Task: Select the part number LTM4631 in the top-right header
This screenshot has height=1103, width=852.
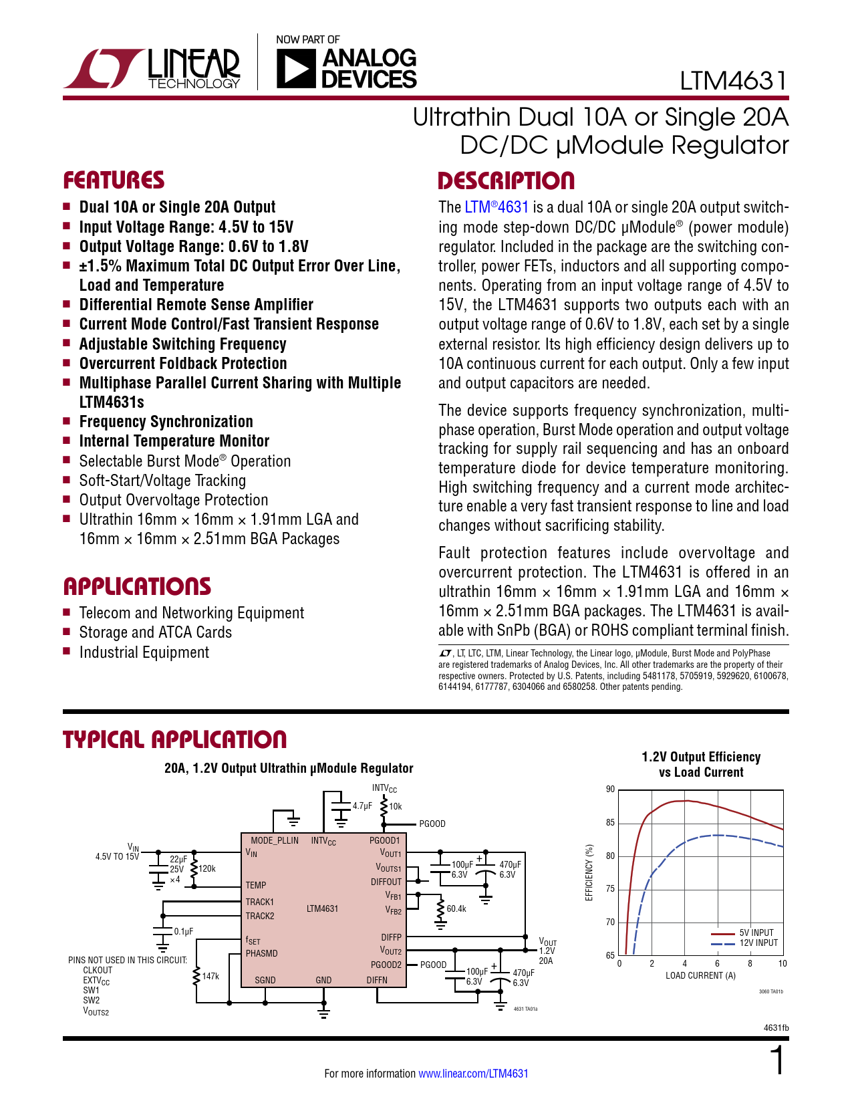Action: tap(733, 81)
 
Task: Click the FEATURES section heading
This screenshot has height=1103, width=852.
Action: tap(114, 180)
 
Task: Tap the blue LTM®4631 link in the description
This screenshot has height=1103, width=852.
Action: tap(496, 207)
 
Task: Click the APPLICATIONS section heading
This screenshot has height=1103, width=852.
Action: tap(137, 586)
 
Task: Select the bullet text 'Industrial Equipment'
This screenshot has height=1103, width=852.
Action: tap(144, 652)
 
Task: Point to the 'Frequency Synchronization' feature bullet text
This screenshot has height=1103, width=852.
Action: tap(166, 422)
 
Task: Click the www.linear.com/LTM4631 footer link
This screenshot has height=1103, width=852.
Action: tap(473, 1074)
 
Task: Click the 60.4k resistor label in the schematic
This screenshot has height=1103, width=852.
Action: tap(456, 908)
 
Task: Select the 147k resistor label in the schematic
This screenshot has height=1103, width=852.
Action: tap(210, 976)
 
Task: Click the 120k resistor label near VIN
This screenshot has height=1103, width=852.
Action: tap(207, 868)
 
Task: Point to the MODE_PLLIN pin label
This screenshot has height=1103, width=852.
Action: tap(275, 840)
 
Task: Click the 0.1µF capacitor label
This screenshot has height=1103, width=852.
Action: tap(184, 931)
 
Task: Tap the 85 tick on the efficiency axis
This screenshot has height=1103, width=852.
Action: tap(611, 823)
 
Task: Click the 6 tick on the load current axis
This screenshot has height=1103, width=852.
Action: tap(717, 963)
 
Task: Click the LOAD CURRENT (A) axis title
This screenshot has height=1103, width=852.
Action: tap(701, 975)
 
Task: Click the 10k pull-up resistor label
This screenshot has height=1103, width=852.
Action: tap(396, 807)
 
